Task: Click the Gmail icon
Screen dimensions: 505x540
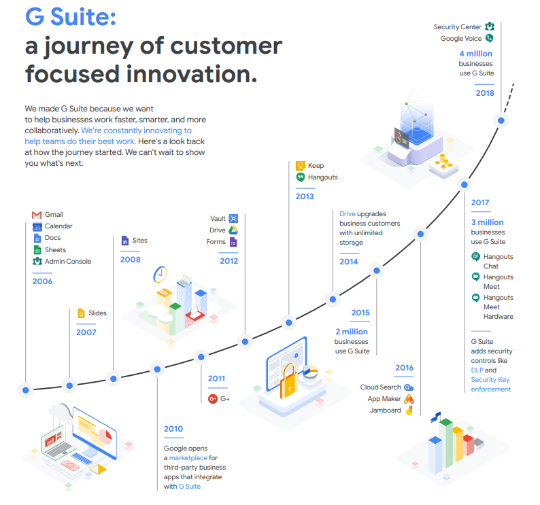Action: pos(37,215)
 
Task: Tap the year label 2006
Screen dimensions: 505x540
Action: pos(42,281)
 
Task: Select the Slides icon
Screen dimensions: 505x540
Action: pos(82,313)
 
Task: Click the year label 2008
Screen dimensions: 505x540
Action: pos(130,260)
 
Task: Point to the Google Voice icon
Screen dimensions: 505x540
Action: pos(489,39)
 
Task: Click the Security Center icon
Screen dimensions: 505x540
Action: pos(489,27)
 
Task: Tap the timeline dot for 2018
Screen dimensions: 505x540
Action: pos(501,120)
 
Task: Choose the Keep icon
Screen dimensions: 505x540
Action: pos(301,165)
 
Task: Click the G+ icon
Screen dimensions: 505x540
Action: pos(213,398)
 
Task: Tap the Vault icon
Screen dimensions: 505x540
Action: pos(233,218)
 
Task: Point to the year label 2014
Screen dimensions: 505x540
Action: pos(348,262)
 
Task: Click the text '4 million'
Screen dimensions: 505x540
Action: pos(475,54)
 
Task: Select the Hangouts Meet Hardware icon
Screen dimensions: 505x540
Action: pos(476,298)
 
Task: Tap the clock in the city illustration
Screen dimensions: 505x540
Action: pos(161,273)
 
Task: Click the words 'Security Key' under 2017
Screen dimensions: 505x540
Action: pos(490,380)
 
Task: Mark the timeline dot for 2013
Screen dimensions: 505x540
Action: pos(289,322)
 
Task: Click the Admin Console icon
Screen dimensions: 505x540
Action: pos(37,261)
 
